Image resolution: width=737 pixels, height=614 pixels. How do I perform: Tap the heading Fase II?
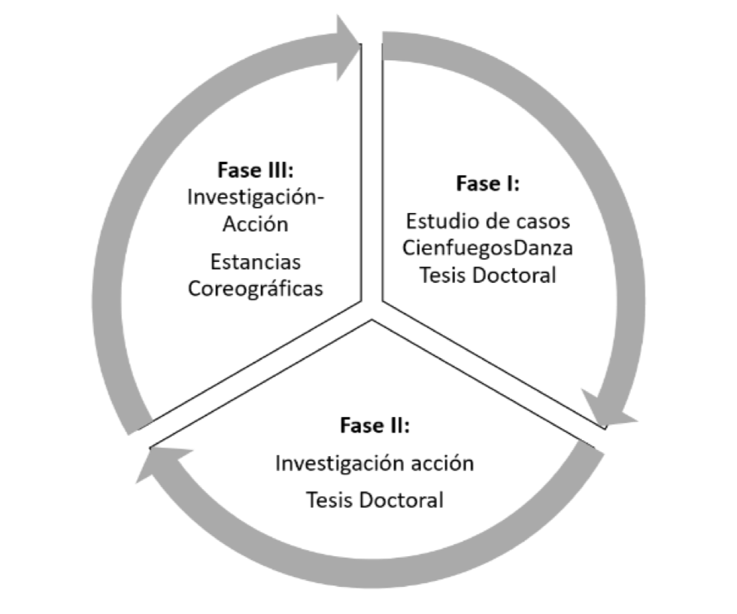point(375,425)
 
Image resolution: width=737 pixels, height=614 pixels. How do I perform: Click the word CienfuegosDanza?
point(488,248)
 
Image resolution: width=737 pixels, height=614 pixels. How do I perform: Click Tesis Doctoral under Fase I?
point(488,275)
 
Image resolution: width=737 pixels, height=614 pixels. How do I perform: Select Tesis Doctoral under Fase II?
point(375,500)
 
